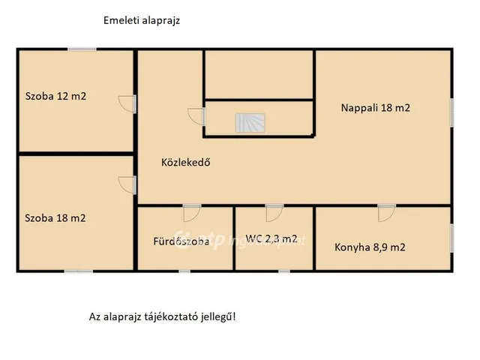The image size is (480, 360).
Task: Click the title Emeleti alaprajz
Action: click(x=142, y=21)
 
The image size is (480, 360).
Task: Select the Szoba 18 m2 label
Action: click(x=55, y=218)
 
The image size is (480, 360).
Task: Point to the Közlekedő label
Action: click(x=185, y=161)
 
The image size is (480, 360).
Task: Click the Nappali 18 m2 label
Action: click(x=376, y=107)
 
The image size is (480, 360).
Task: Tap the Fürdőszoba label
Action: click(x=181, y=241)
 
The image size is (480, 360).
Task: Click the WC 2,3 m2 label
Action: click(x=271, y=239)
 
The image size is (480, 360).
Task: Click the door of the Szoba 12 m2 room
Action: click(x=127, y=104)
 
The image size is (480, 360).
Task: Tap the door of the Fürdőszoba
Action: click(x=193, y=212)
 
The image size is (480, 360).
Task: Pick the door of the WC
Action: click(x=274, y=212)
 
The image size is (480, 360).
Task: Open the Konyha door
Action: click(x=386, y=212)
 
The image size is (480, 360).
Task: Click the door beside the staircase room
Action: click(x=196, y=117)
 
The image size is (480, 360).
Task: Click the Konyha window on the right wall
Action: click(x=452, y=238)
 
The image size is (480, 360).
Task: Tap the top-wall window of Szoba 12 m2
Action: click(x=82, y=49)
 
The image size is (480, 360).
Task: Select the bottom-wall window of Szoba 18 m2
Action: click(x=78, y=271)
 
